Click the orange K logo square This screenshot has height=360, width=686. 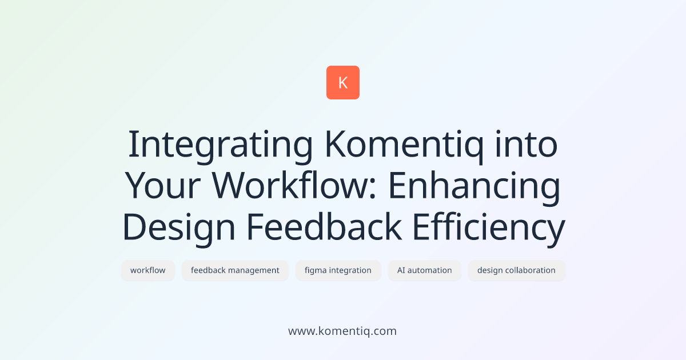click(x=343, y=83)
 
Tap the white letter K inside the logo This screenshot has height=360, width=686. click(x=343, y=83)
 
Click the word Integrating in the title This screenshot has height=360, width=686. click(x=220, y=146)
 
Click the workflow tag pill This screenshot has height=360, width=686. click(x=148, y=270)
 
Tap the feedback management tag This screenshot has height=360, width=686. click(x=235, y=270)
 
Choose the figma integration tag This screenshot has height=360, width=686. click(x=338, y=270)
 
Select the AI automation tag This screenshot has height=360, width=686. click(x=425, y=270)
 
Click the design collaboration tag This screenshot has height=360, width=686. click(x=516, y=270)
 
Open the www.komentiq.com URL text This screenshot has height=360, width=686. click(x=342, y=331)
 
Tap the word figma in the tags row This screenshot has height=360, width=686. click(x=316, y=270)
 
